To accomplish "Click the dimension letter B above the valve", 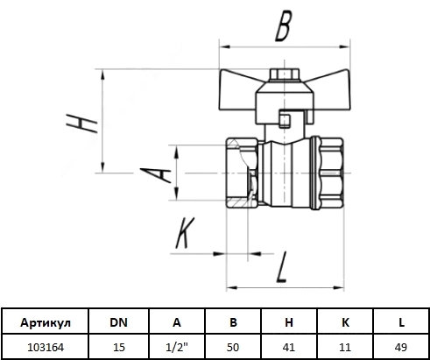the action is tap(283, 26).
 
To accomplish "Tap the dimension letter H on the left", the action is tap(81, 123).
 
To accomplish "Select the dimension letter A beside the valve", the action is tap(156, 175).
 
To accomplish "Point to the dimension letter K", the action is tap(185, 233).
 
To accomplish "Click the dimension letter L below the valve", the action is tap(282, 267).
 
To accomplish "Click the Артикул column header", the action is tap(46, 323).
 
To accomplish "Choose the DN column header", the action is tap(118, 322).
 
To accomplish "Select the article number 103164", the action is tap(46, 348).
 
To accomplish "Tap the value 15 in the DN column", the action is tap(119, 348).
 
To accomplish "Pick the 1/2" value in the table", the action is tap(177, 347).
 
